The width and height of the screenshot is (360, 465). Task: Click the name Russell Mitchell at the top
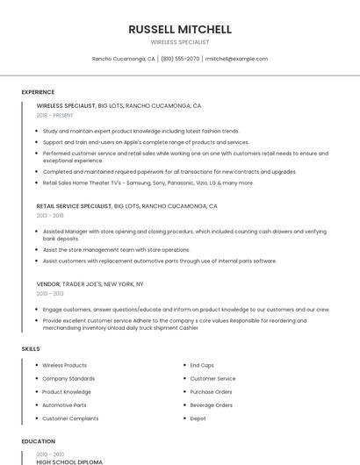tap(180, 28)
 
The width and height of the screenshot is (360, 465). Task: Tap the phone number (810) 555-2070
tap(180, 59)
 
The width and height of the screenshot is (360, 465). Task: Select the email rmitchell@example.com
tap(236, 59)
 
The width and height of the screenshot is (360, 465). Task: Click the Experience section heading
tap(38, 92)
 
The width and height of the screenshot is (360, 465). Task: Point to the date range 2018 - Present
tap(54, 115)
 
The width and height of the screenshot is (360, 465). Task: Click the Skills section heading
tap(31, 349)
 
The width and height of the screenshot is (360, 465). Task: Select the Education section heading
tap(38, 441)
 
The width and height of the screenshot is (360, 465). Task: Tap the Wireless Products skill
tap(64, 365)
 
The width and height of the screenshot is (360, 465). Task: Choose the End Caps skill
tap(202, 365)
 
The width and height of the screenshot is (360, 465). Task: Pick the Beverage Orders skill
tap(211, 405)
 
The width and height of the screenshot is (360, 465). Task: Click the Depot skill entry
tap(198, 418)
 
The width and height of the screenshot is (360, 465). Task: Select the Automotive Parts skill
tap(64, 405)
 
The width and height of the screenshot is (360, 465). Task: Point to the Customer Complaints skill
tap(70, 418)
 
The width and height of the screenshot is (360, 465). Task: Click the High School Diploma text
tap(69, 461)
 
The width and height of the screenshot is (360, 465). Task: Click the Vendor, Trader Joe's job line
tap(90, 284)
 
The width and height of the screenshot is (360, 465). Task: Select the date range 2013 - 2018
tap(50, 215)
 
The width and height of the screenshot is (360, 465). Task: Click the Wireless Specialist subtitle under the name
tap(180, 41)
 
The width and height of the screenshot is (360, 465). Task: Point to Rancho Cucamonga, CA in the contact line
tap(124, 59)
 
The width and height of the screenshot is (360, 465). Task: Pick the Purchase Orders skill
tap(211, 392)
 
